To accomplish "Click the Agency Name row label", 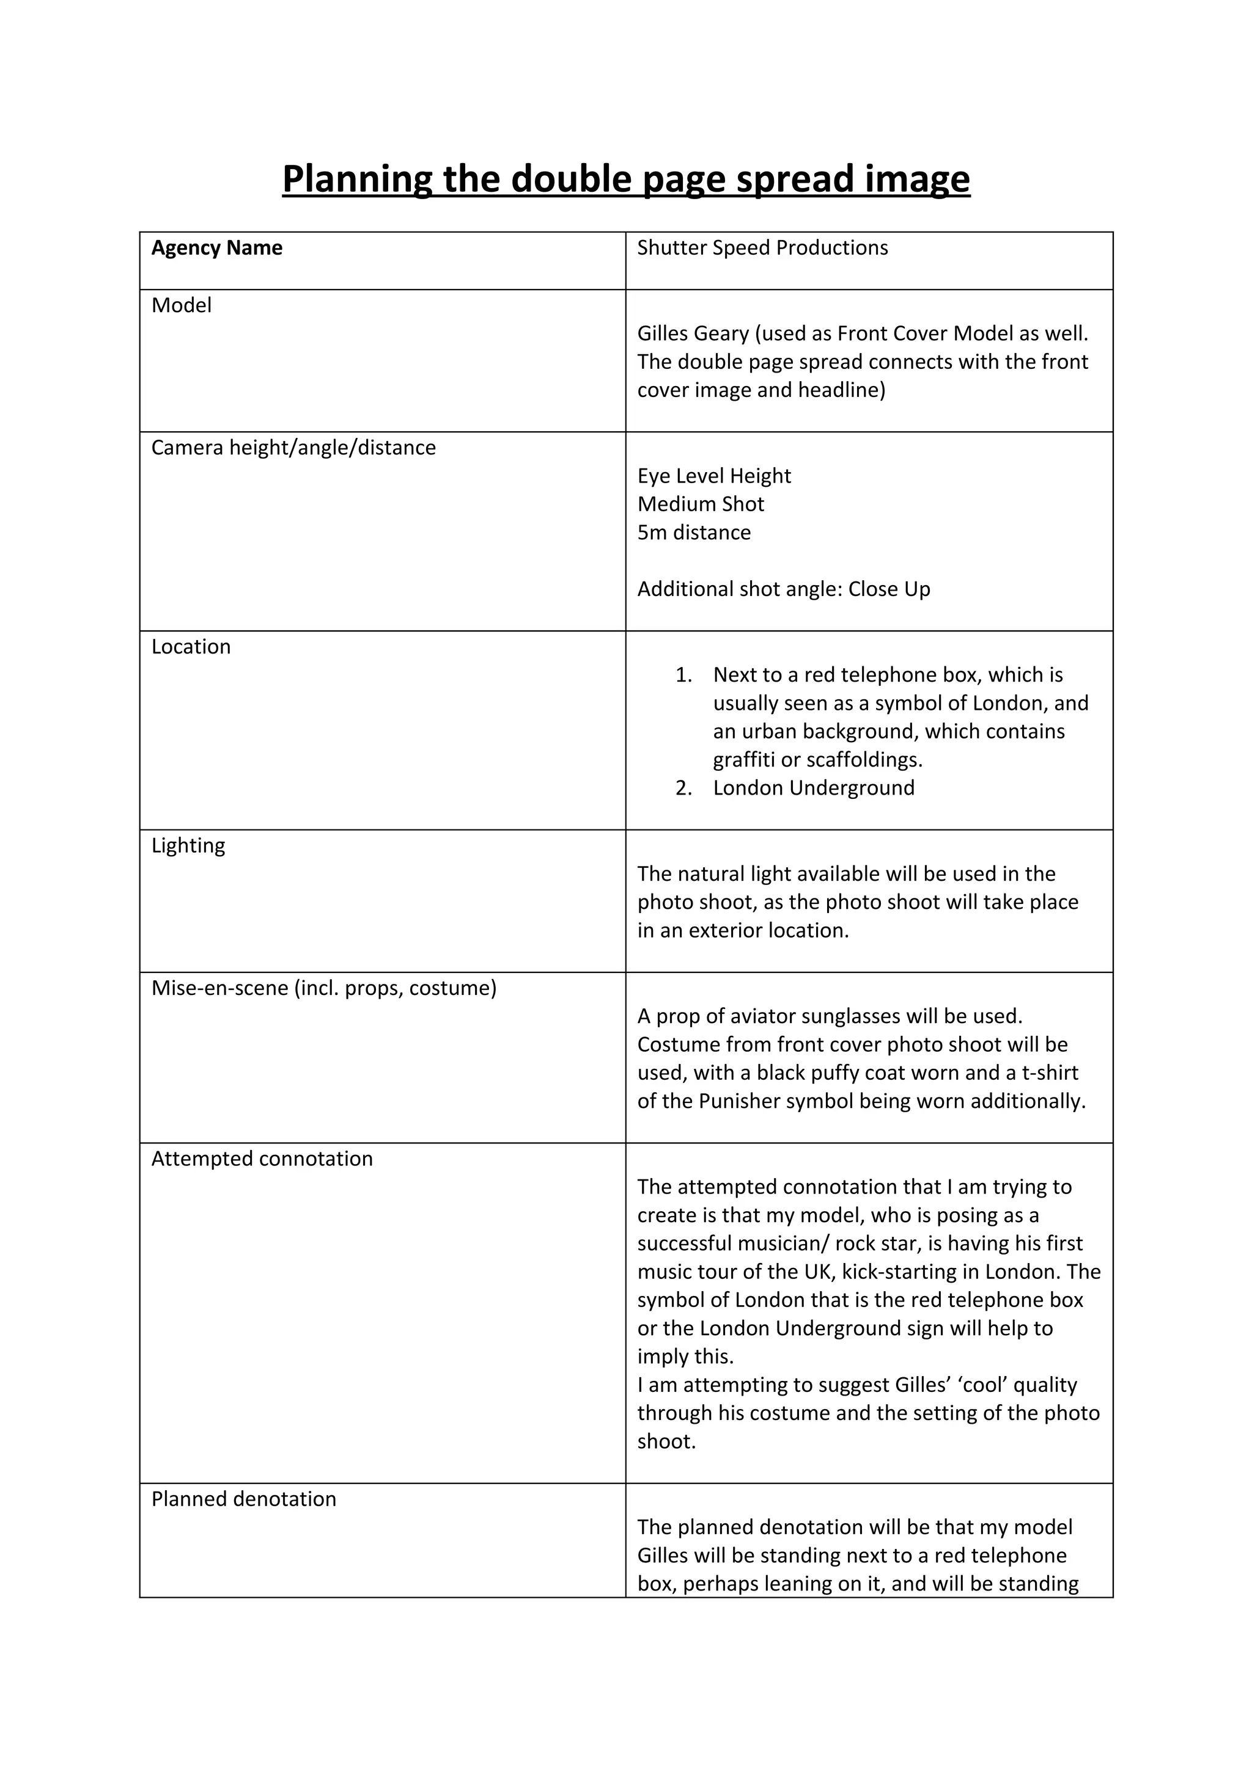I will pyautogui.click(x=217, y=248).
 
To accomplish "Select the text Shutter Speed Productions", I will pyautogui.click(x=762, y=248).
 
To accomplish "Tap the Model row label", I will pyautogui.click(x=182, y=306).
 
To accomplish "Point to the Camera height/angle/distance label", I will pyautogui.click(x=293, y=448).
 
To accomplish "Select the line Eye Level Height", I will pyautogui.click(x=713, y=476).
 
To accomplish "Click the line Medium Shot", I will pyautogui.click(x=701, y=504).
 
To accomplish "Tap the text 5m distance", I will pyautogui.click(x=693, y=533).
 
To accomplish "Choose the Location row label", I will pyautogui.click(x=191, y=647).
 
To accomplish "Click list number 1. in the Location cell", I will pyautogui.click(x=683, y=676).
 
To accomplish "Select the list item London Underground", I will pyautogui.click(x=813, y=788).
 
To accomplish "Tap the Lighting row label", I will pyautogui.click(x=188, y=846).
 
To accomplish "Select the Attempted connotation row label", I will pyautogui.click(x=262, y=1159).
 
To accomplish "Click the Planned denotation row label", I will pyautogui.click(x=244, y=1499).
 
